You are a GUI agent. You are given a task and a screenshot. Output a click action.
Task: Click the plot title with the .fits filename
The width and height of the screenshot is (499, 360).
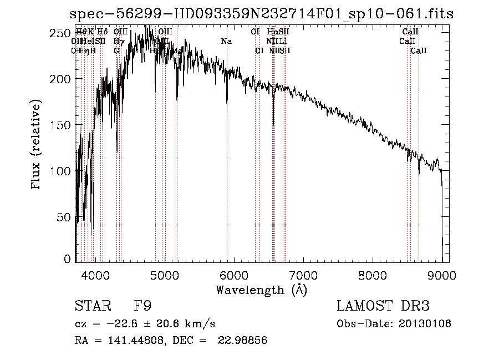[x=262, y=14]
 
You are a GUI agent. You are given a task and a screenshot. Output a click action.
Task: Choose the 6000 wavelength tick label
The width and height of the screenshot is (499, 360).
[x=234, y=274]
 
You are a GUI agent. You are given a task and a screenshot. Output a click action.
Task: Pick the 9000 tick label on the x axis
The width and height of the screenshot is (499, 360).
[x=442, y=274]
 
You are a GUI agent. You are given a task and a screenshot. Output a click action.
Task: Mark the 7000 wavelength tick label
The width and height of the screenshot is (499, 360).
[x=303, y=274]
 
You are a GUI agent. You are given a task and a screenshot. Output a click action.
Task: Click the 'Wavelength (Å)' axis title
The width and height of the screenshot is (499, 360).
[x=261, y=290]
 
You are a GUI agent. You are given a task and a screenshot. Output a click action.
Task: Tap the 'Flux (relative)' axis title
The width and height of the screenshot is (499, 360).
[x=37, y=145]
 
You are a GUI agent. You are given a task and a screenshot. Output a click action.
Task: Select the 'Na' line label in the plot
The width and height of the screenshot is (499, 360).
[x=226, y=42]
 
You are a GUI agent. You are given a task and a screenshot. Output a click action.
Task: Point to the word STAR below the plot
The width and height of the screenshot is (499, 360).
[x=92, y=306]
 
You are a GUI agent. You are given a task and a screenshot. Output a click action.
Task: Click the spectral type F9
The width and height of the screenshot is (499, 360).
[x=142, y=306]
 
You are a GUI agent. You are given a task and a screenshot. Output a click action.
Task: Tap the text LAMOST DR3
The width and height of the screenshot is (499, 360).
[x=383, y=306]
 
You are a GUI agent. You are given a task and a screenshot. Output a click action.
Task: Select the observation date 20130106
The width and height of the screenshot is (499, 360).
[x=425, y=324]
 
